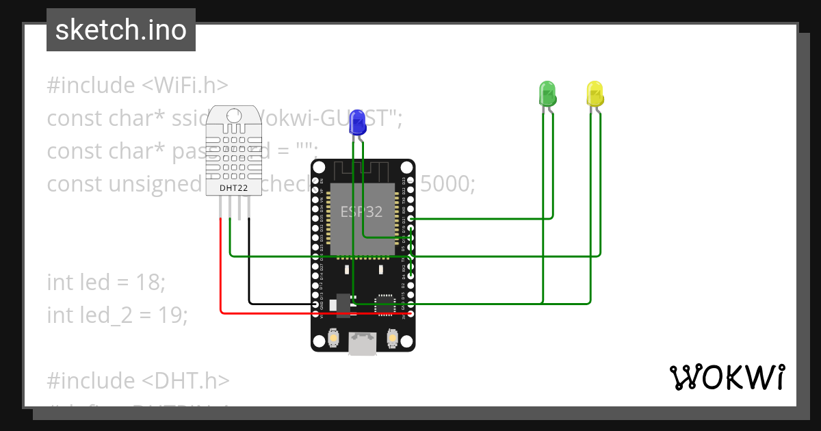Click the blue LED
(x=357, y=123)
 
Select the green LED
(x=548, y=93)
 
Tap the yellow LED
(x=595, y=94)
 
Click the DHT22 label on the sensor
(x=233, y=187)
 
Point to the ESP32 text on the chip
(x=362, y=212)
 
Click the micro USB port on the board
(x=362, y=344)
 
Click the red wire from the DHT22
(x=221, y=274)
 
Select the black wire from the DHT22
(x=249, y=274)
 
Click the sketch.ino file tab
(x=121, y=30)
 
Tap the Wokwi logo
(x=726, y=377)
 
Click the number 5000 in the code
(x=448, y=184)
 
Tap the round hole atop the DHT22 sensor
(x=234, y=116)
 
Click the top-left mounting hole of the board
(x=317, y=166)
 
